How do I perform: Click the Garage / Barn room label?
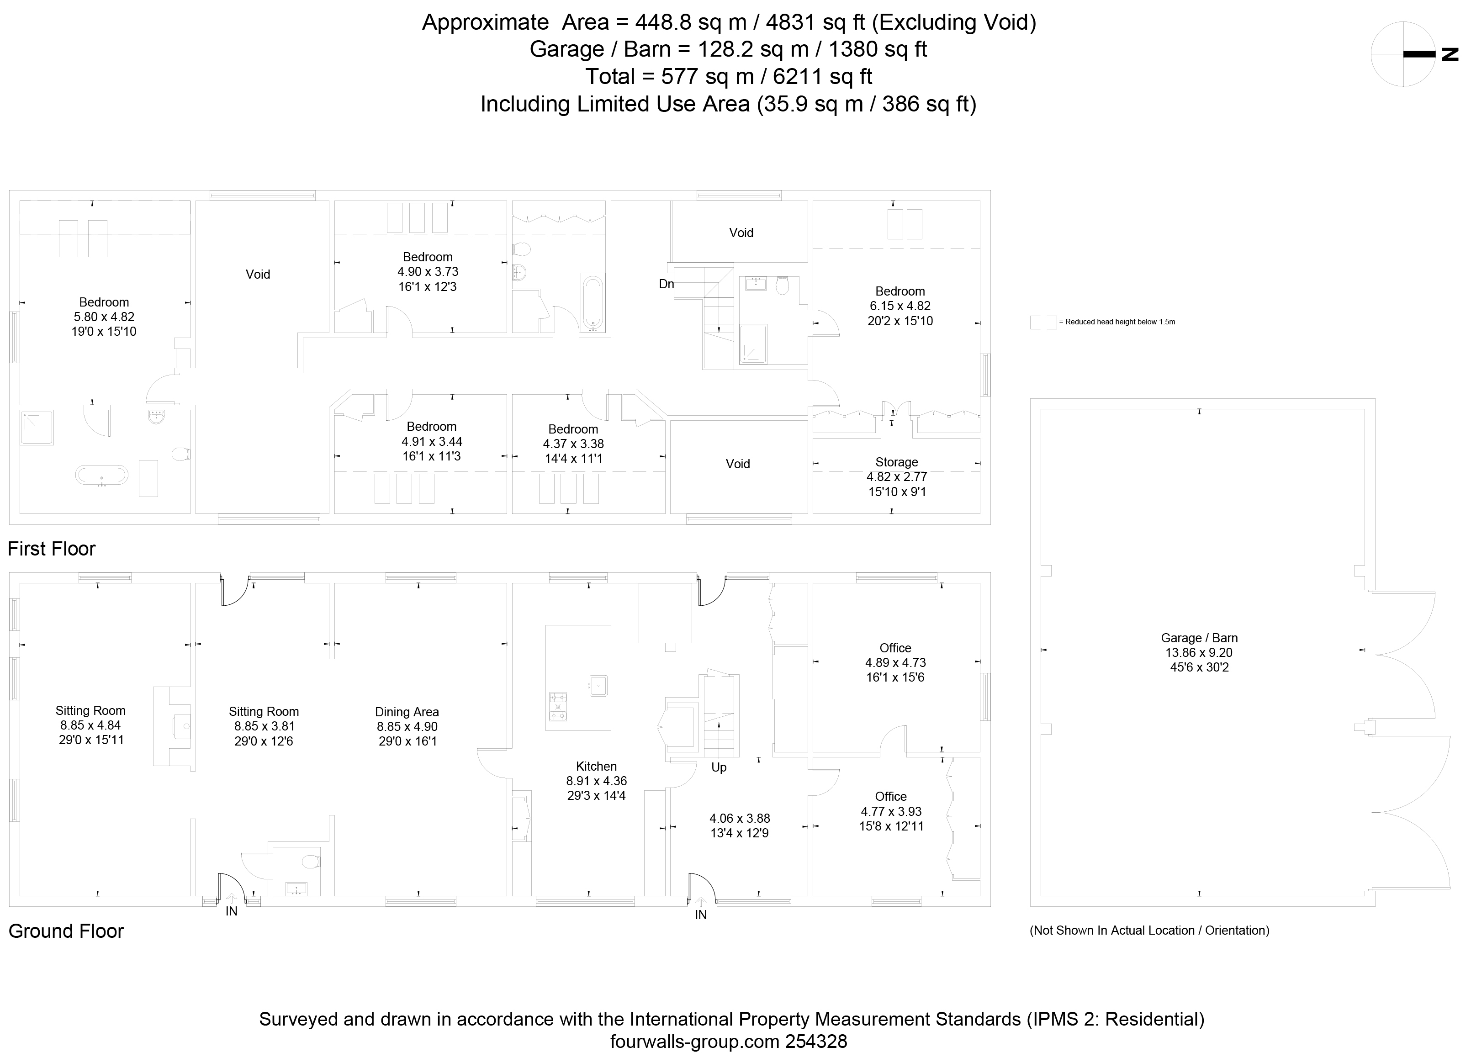click(x=1199, y=638)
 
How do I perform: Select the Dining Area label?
click(x=407, y=712)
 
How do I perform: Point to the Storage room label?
click(x=896, y=462)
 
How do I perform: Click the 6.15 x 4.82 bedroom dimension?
click(x=900, y=306)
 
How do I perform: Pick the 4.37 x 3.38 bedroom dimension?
click(x=573, y=444)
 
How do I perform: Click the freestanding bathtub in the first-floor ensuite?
click(x=102, y=475)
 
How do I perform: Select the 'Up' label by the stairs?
click(x=719, y=767)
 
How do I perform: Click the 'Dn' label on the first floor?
click(x=666, y=284)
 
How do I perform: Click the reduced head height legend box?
click(x=1043, y=322)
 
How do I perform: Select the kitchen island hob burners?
click(x=558, y=706)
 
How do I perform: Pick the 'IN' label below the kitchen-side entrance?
click(x=700, y=915)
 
